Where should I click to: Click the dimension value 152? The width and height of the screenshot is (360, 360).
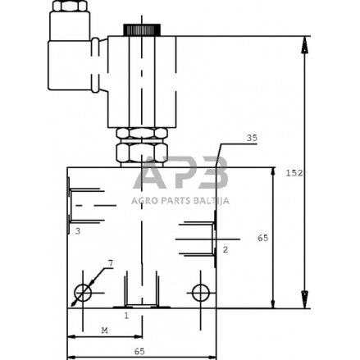(319, 173)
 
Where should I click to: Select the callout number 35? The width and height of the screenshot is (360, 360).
(251, 139)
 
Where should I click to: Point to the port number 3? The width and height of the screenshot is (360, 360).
(76, 232)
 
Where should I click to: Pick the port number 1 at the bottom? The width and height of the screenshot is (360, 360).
(126, 314)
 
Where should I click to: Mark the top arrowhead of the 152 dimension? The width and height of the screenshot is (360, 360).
(305, 42)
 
